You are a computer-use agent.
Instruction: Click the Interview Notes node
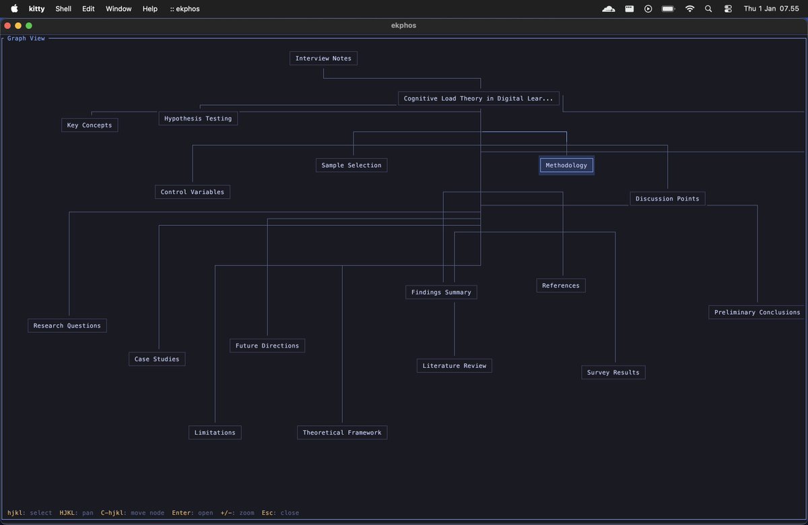coord(323,59)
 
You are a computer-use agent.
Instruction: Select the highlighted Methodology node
coord(566,165)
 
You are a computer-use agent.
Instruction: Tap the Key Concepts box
coord(90,125)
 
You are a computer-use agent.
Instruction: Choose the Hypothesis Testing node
coord(198,119)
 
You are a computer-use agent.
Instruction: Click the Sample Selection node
coord(351,165)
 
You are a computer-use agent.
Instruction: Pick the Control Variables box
coord(193,192)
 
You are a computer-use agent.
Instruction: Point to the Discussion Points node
coord(667,199)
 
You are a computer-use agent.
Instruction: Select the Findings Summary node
coord(441,292)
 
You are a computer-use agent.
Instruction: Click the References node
coord(561,286)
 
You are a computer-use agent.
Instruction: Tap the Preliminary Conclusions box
coord(757,313)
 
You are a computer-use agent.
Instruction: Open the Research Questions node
coord(67,326)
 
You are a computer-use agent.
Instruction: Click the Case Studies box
coord(157,359)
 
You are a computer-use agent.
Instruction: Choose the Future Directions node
coord(267,346)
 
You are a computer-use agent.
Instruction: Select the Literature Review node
coord(454,366)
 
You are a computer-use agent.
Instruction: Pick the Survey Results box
coord(613,373)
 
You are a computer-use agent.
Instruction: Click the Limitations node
coord(215,433)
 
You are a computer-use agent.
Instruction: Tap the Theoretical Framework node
coord(342,433)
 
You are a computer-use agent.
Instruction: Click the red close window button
coord(8,26)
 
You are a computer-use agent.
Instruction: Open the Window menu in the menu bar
coord(119,9)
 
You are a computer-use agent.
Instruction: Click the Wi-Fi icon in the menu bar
coord(689,9)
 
